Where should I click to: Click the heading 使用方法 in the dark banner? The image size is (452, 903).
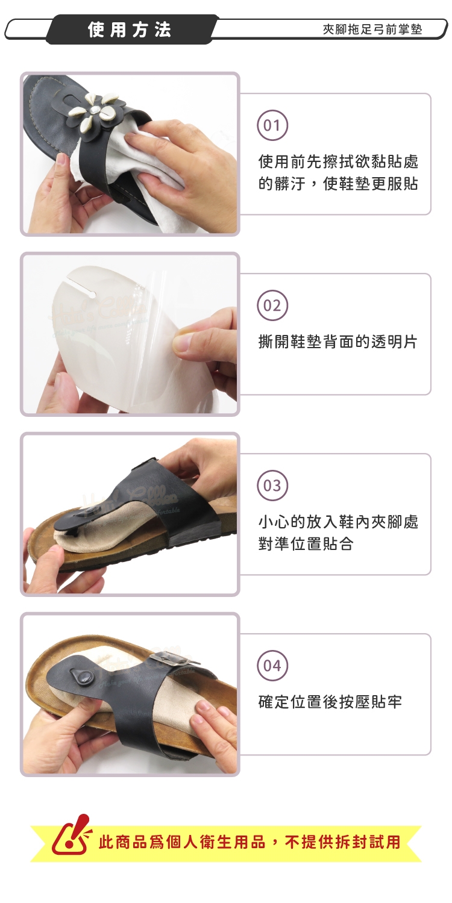click(130, 30)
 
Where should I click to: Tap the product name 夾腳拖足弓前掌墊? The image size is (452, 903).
click(372, 29)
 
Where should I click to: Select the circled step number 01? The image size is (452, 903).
click(272, 125)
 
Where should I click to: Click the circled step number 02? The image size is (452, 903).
click(272, 305)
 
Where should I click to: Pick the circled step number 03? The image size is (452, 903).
click(272, 486)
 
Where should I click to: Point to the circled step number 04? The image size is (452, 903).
click(272, 666)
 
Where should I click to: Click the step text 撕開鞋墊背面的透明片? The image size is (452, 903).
click(338, 342)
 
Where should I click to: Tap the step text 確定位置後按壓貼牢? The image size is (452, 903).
click(330, 702)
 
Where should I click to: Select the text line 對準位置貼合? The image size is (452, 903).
click(306, 544)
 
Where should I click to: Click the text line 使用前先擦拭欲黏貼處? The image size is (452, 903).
click(338, 161)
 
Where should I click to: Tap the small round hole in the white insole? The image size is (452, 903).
click(92, 296)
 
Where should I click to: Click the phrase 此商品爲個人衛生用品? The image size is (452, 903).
click(182, 842)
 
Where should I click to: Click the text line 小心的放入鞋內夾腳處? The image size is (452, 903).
click(338, 522)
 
